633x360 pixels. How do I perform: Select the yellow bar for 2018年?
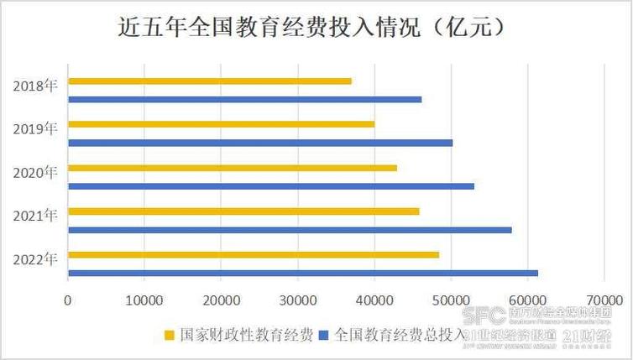coord(210,81)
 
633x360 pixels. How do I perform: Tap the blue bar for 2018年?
coord(244,99)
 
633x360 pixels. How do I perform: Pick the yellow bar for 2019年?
coord(221,125)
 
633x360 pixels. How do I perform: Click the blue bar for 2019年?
coord(260,143)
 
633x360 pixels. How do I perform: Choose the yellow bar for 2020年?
coord(233,168)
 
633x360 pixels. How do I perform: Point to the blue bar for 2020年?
coord(270,186)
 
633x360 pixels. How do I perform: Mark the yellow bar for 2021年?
coord(243,211)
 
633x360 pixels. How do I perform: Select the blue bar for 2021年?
coord(290,229)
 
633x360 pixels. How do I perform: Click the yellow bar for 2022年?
coord(254,255)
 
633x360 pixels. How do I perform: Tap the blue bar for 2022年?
coord(302,273)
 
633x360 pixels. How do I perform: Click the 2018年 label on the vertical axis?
coord(35,86)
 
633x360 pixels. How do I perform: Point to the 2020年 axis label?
coord(35,172)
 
